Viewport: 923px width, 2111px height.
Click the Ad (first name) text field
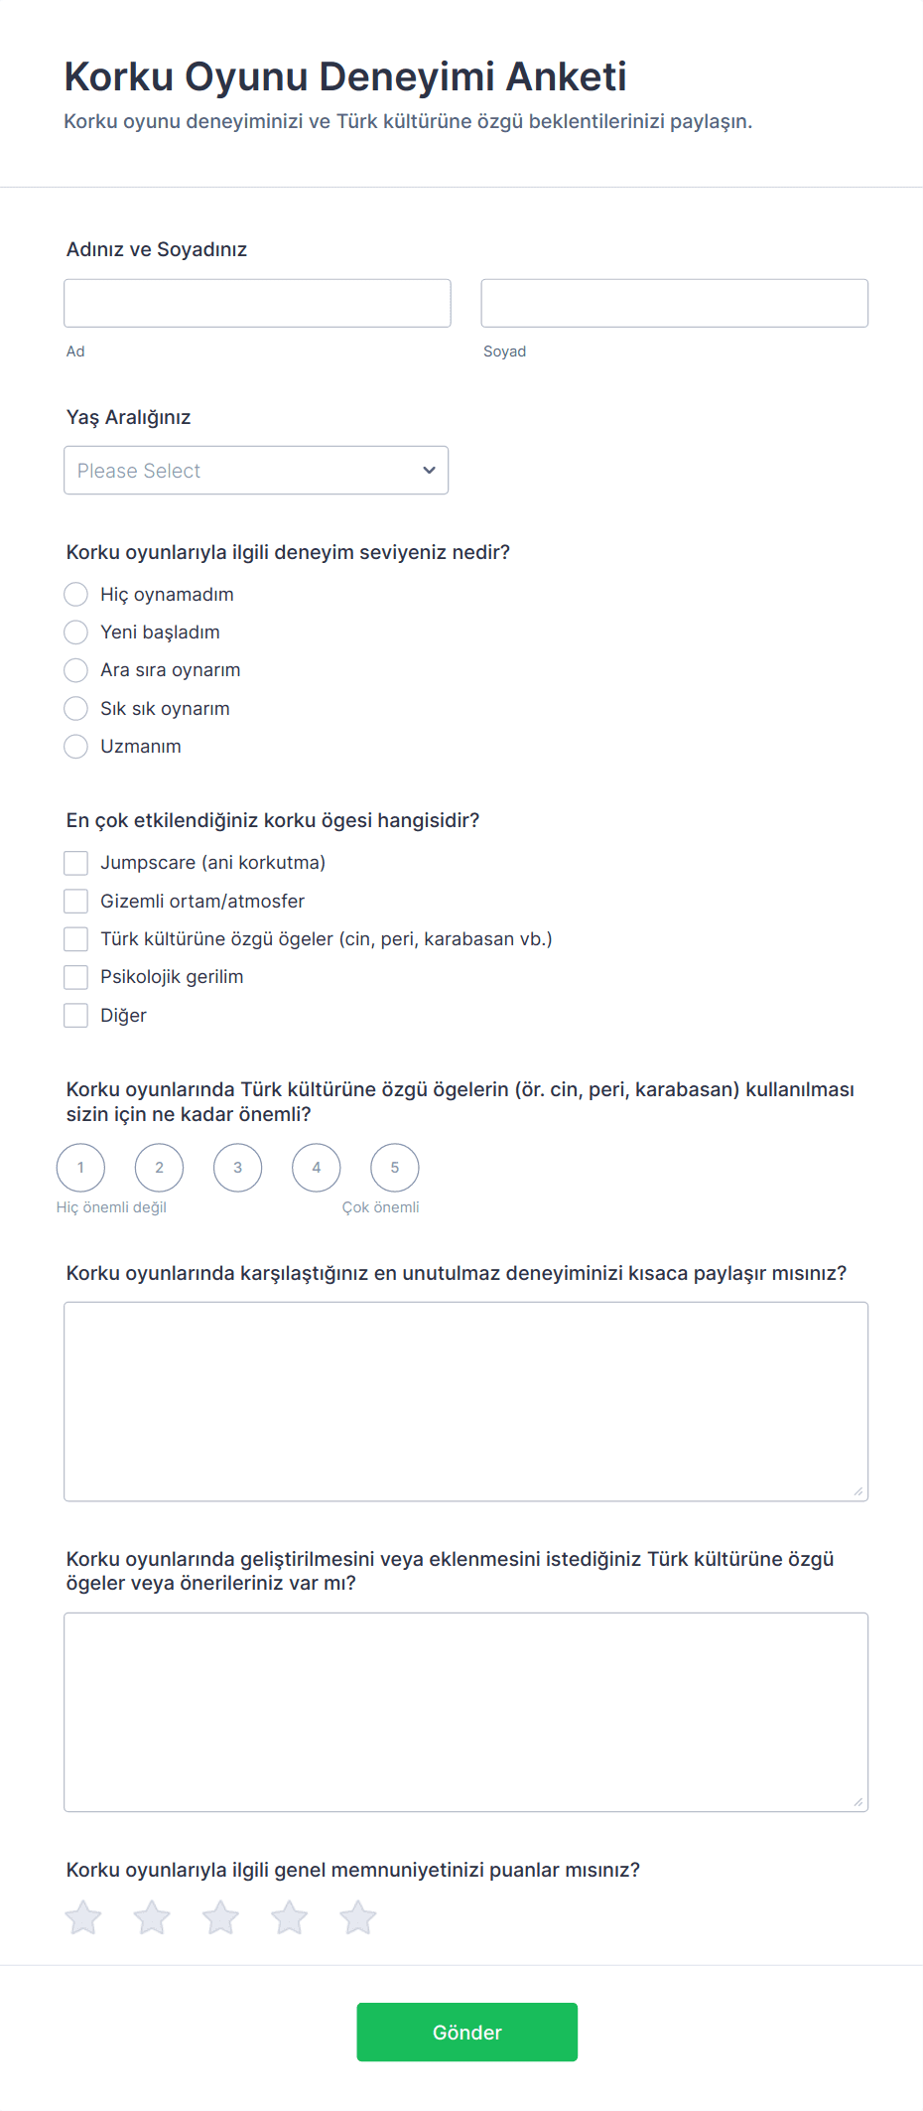pos(257,303)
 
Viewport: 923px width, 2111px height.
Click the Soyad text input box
pos(674,303)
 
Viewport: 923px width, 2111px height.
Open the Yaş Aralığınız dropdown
pos(256,470)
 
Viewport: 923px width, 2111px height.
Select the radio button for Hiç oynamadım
pos(75,594)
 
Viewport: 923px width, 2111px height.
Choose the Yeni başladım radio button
pos(75,633)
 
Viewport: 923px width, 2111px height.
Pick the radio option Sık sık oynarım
pos(75,708)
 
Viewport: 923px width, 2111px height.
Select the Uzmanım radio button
pos(75,747)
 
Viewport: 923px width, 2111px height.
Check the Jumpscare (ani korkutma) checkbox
pos(75,863)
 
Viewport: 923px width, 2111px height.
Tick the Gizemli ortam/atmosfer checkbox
pos(75,901)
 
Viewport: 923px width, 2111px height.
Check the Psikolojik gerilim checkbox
pos(75,977)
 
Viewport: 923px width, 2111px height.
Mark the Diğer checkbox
pos(75,1015)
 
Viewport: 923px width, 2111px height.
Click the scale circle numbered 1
pos(80,1168)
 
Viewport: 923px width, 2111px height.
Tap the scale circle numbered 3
pos(237,1168)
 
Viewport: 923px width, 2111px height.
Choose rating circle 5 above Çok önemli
pos(395,1168)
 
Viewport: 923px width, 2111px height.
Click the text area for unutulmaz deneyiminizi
pos(465,1401)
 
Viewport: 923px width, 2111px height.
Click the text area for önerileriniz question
pos(465,1712)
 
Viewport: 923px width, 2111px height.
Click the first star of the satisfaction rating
pos(83,1917)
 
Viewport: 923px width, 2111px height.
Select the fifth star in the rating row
pos(358,1917)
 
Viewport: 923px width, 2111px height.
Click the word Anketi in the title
pos(567,76)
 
